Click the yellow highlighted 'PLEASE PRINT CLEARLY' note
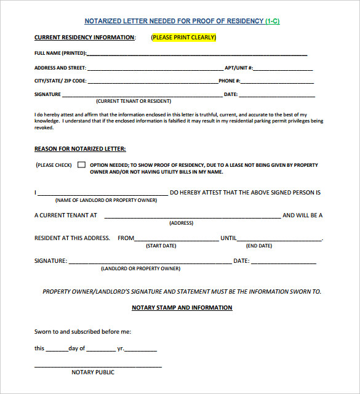coord(183,38)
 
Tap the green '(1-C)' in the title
coord(273,22)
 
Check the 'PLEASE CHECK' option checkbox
coord(81,165)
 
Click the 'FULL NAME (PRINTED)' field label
coord(60,53)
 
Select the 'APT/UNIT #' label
coord(239,68)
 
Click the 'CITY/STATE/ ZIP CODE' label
coord(60,81)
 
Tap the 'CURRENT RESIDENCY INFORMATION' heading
coord(84,38)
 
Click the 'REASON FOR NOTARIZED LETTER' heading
coord(80,149)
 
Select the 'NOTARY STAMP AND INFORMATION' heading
coord(182,308)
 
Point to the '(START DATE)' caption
coord(161,246)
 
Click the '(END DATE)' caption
coord(259,246)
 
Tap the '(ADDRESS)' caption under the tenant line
coord(182,223)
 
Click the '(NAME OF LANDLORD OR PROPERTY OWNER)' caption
coord(106,201)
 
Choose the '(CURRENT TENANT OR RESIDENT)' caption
coord(134,101)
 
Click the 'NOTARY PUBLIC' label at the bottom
coord(93,372)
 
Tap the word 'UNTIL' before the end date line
coord(228,238)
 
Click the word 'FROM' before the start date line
coord(126,238)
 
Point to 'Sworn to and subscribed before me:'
coord(82,332)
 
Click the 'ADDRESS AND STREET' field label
coord(60,68)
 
